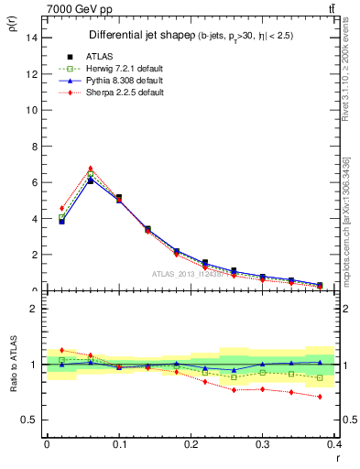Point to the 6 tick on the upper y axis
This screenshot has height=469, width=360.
click(x=35, y=182)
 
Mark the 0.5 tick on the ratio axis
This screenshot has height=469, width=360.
click(x=29, y=420)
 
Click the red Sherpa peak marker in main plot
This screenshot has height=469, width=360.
click(x=90, y=169)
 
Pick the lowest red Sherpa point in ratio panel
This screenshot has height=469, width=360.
click(x=320, y=397)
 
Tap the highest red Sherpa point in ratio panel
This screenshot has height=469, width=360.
click(x=61, y=350)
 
